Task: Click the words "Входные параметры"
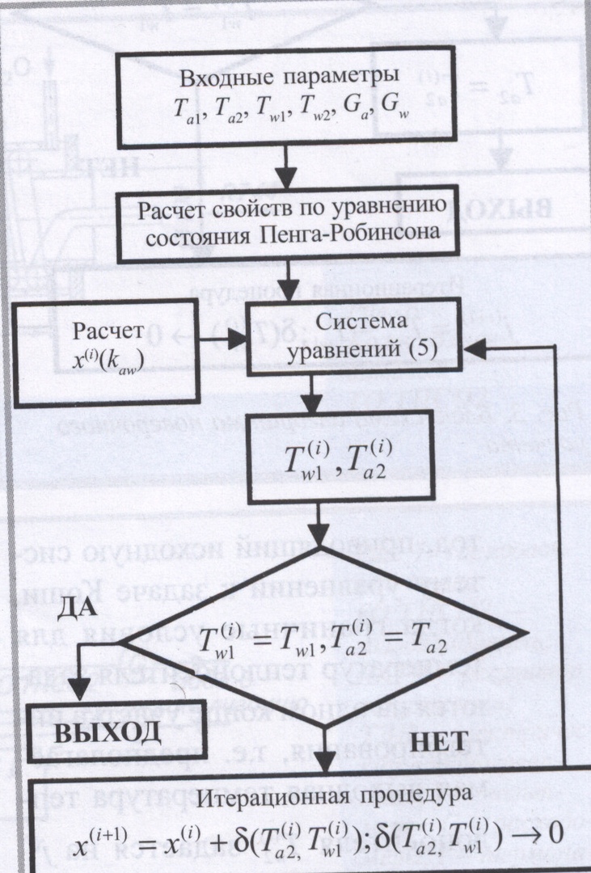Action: (x=288, y=81)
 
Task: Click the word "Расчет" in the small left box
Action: (x=108, y=332)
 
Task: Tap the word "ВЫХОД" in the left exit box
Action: (x=108, y=732)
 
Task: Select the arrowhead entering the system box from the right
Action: (x=476, y=347)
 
